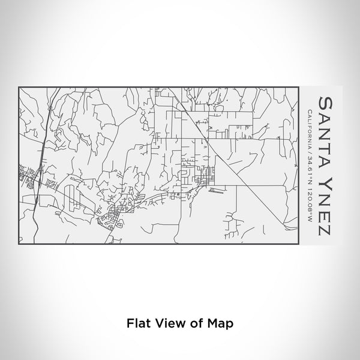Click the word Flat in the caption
coord(137,323)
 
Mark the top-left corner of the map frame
coord(19,87)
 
